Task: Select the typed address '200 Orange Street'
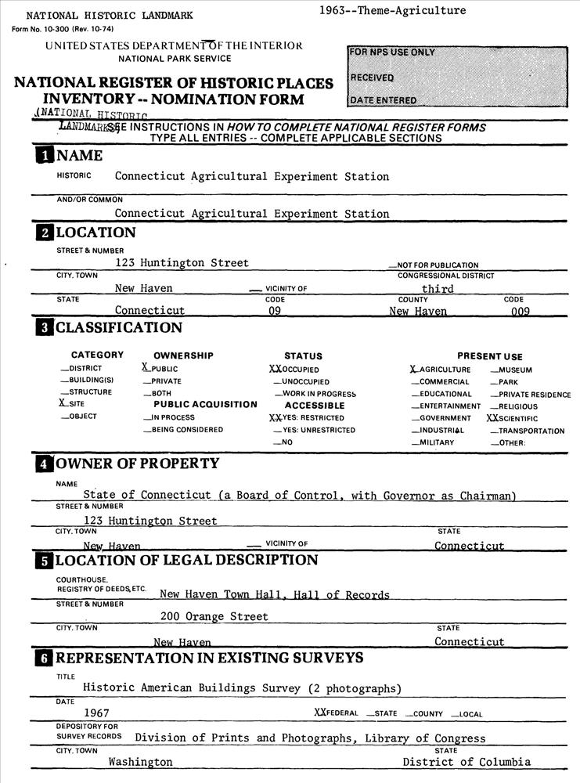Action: pyautogui.click(x=214, y=616)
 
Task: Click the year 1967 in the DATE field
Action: pyautogui.click(x=96, y=713)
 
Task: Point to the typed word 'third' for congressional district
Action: pyautogui.click(x=438, y=288)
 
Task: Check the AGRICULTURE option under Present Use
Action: pyautogui.click(x=441, y=370)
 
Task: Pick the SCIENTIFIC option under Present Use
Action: pyautogui.click(x=513, y=419)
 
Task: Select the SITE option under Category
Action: pyautogui.click(x=74, y=404)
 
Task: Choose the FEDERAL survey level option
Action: pyautogui.click(x=336, y=713)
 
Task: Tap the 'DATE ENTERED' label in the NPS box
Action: pyautogui.click(x=384, y=100)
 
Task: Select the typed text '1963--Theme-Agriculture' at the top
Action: pyautogui.click(x=392, y=10)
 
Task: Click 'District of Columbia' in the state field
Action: pyautogui.click(x=467, y=762)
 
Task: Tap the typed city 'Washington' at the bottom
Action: pyautogui.click(x=140, y=762)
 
